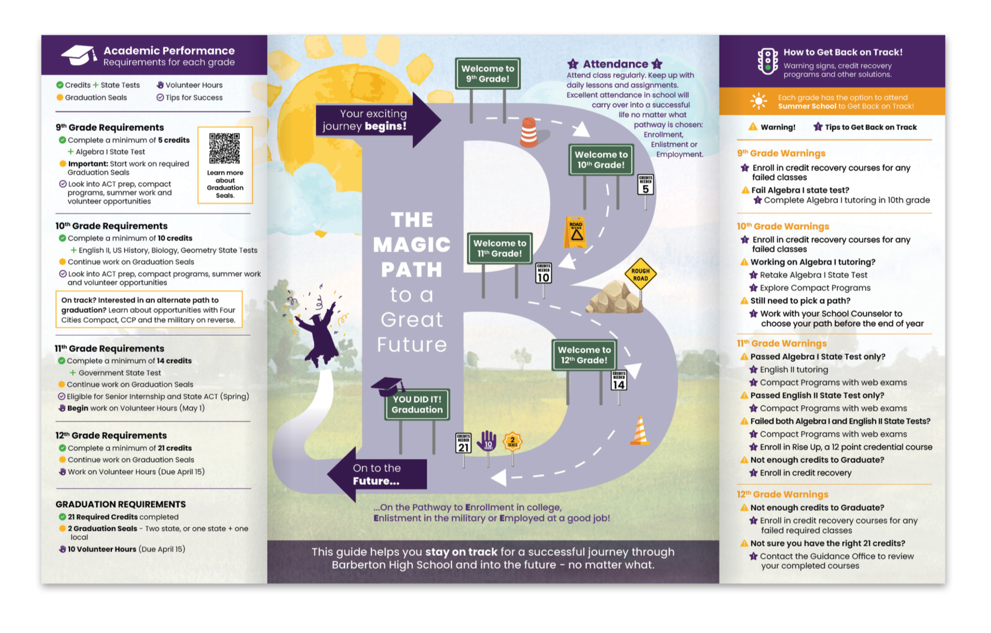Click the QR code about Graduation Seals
point(224,148)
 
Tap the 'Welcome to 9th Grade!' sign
point(487,74)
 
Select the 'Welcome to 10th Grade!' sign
point(601,160)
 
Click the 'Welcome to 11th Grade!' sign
point(500,248)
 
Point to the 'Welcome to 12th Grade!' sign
point(584,355)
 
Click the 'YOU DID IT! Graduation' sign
point(417,404)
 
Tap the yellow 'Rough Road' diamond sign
point(640,274)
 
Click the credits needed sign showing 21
point(464,443)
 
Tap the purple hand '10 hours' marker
point(487,441)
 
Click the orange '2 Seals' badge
point(513,442)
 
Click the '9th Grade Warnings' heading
point(781,153)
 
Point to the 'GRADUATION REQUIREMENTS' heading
point(120,504)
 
